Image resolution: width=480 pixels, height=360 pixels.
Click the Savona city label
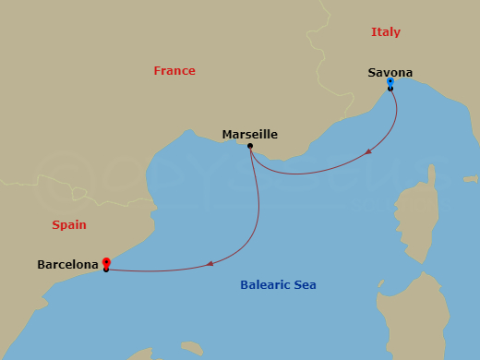click(390, 73)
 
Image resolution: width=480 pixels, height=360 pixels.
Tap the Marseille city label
click(249, 135)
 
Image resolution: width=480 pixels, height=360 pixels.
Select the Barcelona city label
click(67, 265)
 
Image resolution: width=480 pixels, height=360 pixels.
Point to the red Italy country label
click(386, 32)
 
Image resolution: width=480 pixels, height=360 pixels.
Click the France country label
click(174, 71)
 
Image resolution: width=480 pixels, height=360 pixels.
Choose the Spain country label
click(69, 224)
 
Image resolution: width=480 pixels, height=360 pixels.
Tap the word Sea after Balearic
click(305, 285)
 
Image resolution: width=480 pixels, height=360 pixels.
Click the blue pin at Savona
click(390, 82)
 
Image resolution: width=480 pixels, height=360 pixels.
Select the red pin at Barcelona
click(106, 262)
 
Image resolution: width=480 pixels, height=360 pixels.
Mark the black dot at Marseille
click(250, 145)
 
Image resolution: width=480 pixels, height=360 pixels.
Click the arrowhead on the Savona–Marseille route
click(369, 151)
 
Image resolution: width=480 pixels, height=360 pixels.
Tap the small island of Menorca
click(191, 348)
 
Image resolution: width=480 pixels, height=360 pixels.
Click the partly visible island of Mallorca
click(138, 354)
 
